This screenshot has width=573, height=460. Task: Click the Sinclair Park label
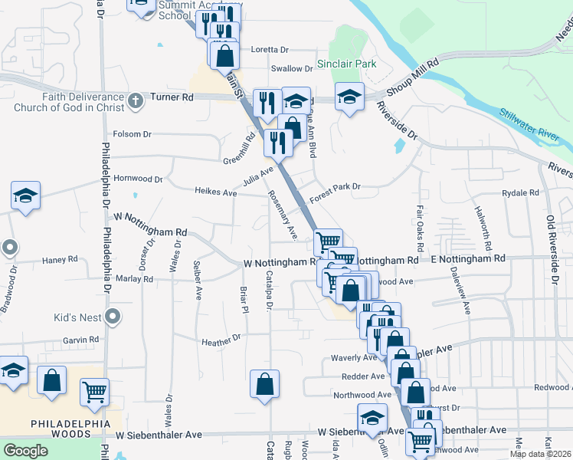click(x=346, y=64)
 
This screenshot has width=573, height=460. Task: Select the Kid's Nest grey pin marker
click(x=112, y=316)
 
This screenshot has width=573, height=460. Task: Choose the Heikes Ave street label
click(x=216, y=192)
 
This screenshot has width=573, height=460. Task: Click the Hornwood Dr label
click(x=138, y=179)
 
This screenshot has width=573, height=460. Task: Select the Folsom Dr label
click(x=133, y=134)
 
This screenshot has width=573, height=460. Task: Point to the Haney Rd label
click(x=61, y=260)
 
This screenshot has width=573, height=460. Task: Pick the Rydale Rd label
click(x=522, y=192)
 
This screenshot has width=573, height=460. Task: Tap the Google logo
click(x=25, y=451)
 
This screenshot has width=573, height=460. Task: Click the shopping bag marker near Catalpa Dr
click(x=264, y=383)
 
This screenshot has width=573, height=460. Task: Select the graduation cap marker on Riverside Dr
click(x=349, y=97)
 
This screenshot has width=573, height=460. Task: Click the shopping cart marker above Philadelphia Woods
click(x=95, y=391)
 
